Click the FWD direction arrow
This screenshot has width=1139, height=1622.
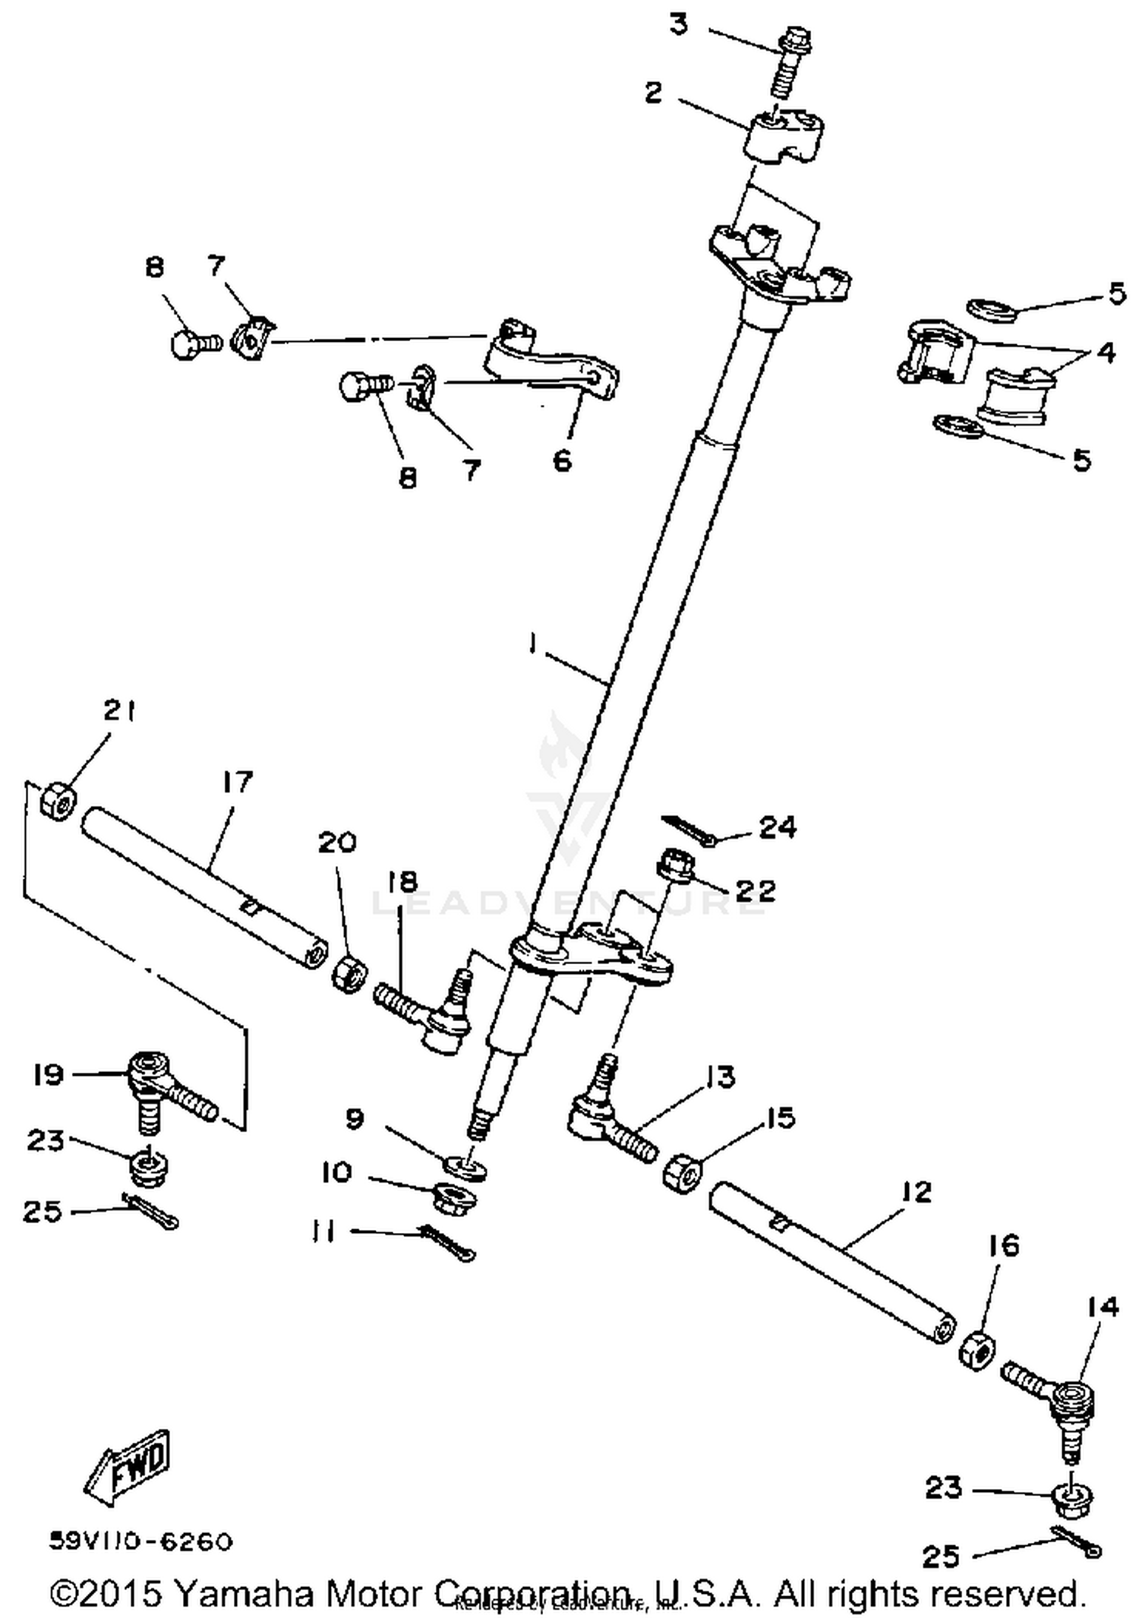(128, 1463)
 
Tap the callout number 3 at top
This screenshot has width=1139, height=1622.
(678, 24)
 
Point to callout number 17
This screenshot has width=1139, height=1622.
(237, 781)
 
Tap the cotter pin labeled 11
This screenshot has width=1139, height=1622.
(448, 1241)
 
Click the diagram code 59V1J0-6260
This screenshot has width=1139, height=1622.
(140, 1541)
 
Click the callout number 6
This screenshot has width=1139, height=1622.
(561, 460)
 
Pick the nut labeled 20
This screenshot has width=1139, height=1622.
(349, 972)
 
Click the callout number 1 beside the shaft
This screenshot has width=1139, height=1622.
(533, 644)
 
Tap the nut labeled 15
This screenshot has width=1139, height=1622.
(682, 1174)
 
